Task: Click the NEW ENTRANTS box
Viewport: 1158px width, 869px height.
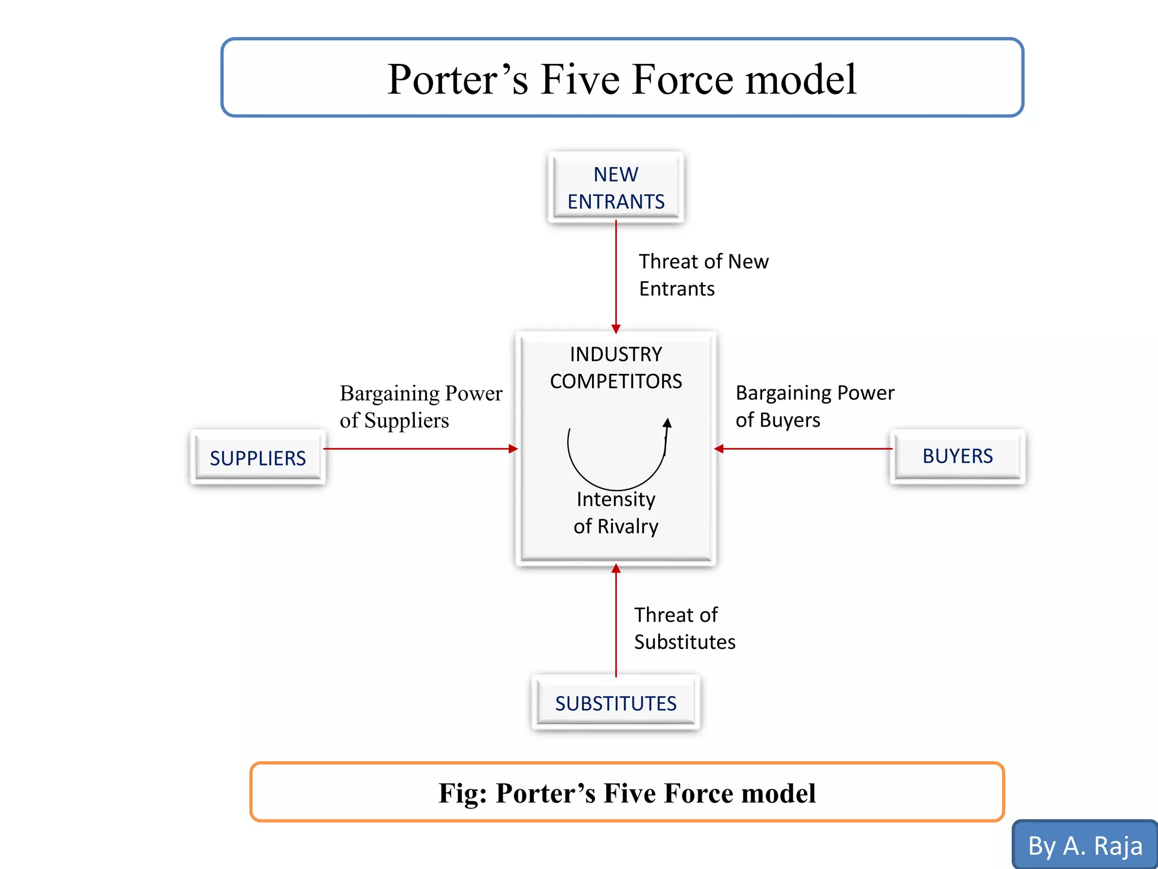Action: coord(616,188)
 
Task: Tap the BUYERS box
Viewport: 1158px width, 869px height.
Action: coord(957,456)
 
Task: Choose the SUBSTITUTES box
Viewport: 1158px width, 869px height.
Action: coord(616,703)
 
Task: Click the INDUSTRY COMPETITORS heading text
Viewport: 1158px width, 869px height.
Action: coord(616,368)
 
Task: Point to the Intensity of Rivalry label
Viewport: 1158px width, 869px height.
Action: coord(616,513)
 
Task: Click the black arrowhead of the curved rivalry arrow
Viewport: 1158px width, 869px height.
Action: coord(667,423)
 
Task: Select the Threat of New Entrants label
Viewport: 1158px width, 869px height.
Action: coord(703,275)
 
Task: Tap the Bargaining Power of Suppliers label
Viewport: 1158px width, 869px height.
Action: coord(420,406)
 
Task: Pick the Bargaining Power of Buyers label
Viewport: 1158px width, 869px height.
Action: coord(814,406)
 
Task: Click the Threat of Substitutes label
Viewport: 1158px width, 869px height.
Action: coord(684,628)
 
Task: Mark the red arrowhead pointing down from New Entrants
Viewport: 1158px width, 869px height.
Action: coord(616,329)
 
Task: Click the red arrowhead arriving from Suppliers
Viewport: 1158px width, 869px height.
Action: coord(513,449)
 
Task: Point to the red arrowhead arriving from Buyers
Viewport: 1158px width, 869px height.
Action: coord(719,449)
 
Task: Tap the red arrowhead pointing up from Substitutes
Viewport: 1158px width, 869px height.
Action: coord(616,569)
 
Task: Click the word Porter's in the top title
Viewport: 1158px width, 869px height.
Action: coord(458,79)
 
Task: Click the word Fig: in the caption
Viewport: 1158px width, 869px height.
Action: coord(463,793)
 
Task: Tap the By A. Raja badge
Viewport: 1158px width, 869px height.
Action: coord(1084,846)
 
